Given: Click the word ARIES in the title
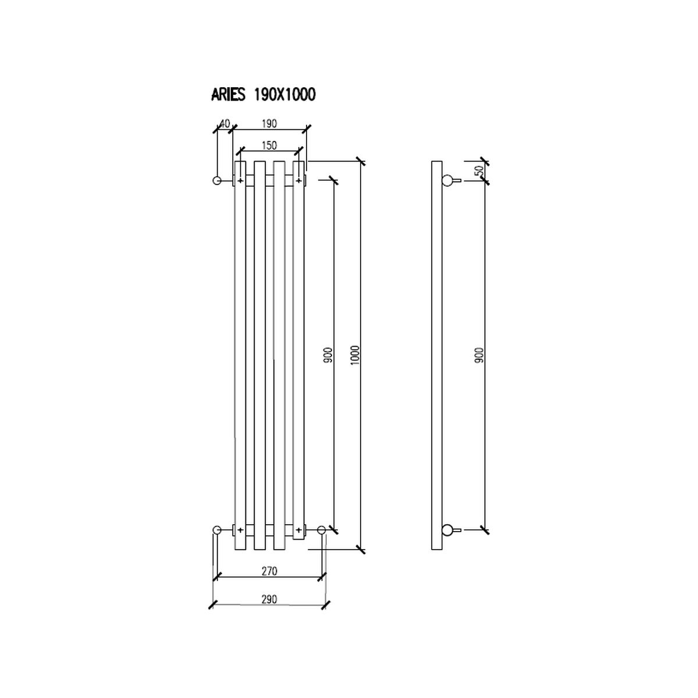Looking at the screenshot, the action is point(229,95).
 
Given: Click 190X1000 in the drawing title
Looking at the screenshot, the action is point(284,95).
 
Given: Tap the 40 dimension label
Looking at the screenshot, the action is point(225,123).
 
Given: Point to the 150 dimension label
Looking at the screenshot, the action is point(269,145).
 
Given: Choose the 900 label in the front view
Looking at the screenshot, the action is point(328,356).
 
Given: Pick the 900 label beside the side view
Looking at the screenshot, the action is point(479,355).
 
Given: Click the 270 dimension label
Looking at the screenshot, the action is point(269,571).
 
